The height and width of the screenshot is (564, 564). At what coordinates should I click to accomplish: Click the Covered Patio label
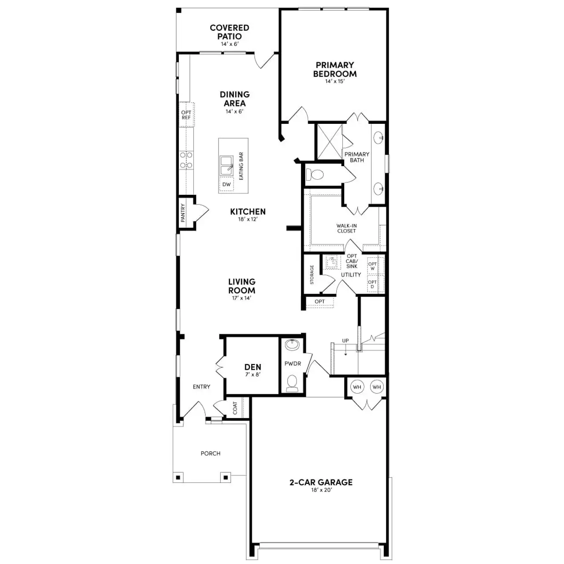[229, 32]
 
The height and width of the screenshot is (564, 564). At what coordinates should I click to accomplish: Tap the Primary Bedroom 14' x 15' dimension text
[335, 81]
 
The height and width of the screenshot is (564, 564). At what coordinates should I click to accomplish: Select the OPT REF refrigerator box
[186, 115]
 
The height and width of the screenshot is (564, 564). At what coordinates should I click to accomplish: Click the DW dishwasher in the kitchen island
[226, 185]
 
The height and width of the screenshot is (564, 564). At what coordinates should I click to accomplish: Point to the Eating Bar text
[241, 166]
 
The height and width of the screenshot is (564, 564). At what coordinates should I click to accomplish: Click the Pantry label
[183, 212]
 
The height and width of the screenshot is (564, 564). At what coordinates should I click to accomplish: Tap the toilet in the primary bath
[315, 174]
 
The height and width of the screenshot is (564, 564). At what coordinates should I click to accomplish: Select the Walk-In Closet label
[346, 228]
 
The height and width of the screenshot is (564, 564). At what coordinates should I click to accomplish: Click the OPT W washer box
[372, 266]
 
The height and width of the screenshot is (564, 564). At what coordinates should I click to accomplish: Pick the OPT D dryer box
[372, 284]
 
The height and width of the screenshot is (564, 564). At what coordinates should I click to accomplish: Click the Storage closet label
[312, 274]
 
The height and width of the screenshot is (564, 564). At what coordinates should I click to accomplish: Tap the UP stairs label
[345, 341]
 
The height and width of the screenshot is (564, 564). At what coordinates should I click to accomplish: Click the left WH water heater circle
[357, 387]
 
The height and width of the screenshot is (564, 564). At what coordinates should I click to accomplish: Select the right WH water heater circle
[376, 387]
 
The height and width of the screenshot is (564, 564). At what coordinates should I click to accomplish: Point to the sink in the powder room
[292, 344]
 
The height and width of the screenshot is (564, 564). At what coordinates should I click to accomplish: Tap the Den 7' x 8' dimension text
[252, 375]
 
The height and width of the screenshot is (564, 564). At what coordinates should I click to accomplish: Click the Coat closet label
[235, 408]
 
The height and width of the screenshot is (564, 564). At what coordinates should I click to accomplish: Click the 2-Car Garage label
[321, 482]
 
